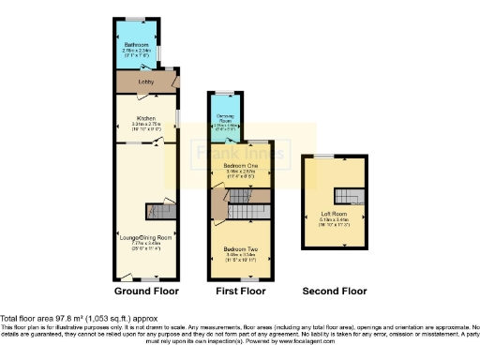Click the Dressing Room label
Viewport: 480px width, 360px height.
[224, 119]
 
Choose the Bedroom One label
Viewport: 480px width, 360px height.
[241, 165]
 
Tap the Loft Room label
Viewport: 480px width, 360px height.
[332, 213]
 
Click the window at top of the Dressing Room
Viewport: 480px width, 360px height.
[225, 93]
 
